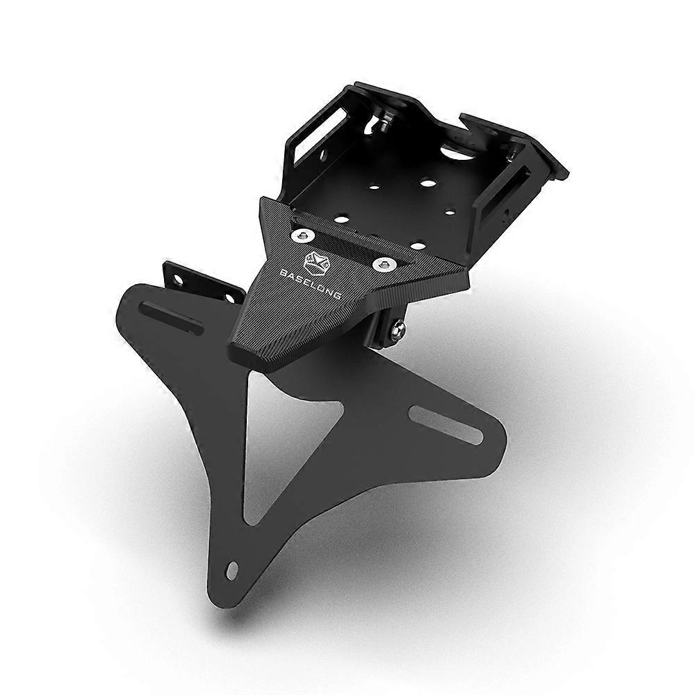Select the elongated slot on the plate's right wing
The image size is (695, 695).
click(445, 425)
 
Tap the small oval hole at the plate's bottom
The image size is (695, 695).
click(232, 570)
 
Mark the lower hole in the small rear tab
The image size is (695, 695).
click(229, 299)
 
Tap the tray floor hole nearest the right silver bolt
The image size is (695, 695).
click(418, 245)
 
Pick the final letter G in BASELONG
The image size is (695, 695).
click(337, 297)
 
